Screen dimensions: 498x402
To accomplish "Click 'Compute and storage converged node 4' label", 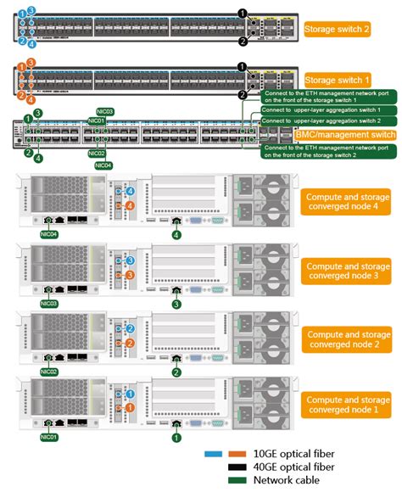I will pos(345,204).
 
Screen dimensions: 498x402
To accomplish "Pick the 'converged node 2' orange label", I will pos(345,339).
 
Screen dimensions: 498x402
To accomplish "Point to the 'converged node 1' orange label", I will pos(345,405).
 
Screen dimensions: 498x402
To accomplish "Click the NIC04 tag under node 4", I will pos(48,233).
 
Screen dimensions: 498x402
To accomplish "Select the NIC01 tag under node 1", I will pos(48,438).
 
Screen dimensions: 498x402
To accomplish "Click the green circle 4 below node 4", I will pos(176,235).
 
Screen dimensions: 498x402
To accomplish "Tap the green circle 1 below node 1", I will pos(176,438).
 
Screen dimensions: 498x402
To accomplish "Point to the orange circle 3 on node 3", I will pos(130,276).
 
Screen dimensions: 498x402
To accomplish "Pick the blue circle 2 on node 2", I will pos(130,327).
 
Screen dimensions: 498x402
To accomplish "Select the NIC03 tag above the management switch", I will pos(105,111).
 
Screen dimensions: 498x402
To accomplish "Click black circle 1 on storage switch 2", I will pos(243,14).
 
